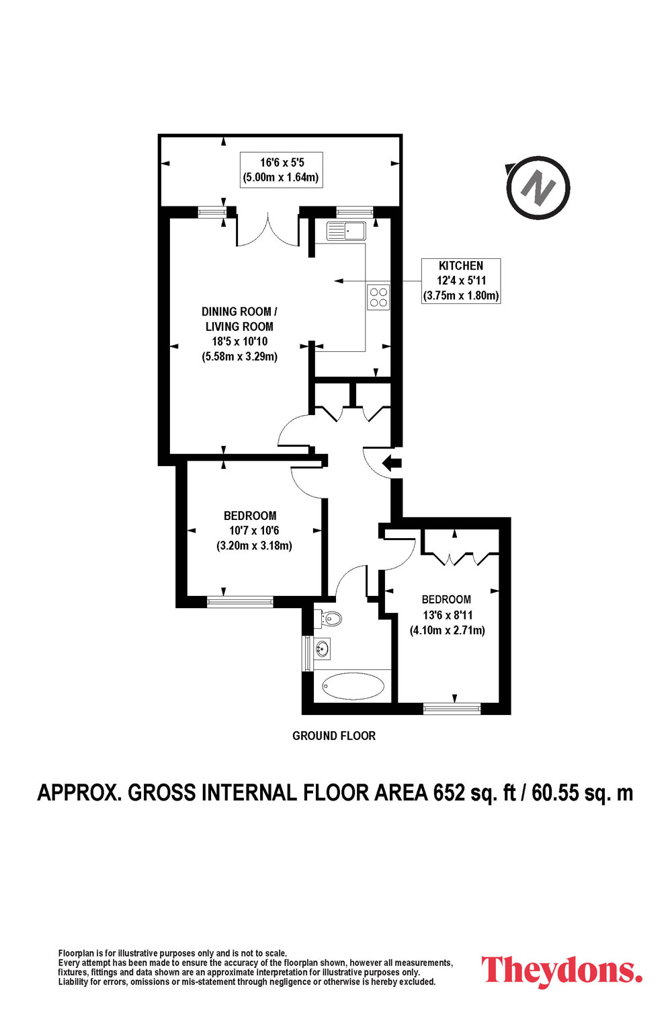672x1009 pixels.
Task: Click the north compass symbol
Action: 538,188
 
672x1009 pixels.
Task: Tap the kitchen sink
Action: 347,231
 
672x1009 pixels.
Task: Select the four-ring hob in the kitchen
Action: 378,297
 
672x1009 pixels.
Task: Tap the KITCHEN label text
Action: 461,266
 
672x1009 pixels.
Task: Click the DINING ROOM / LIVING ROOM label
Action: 239,319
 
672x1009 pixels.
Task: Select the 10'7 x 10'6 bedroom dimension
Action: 254,531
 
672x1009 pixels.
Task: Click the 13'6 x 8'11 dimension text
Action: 448,615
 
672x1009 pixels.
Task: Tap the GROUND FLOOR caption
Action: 333,736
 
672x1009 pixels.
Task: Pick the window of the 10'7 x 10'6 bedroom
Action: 240,602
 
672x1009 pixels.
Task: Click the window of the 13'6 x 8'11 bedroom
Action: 452,708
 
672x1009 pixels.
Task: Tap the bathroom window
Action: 307,653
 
